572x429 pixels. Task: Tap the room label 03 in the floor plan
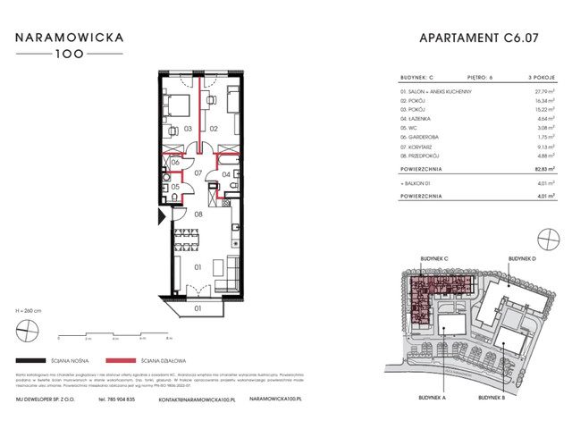[x=189, y=129]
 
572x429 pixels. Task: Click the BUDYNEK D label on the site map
[x=523, y=258]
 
